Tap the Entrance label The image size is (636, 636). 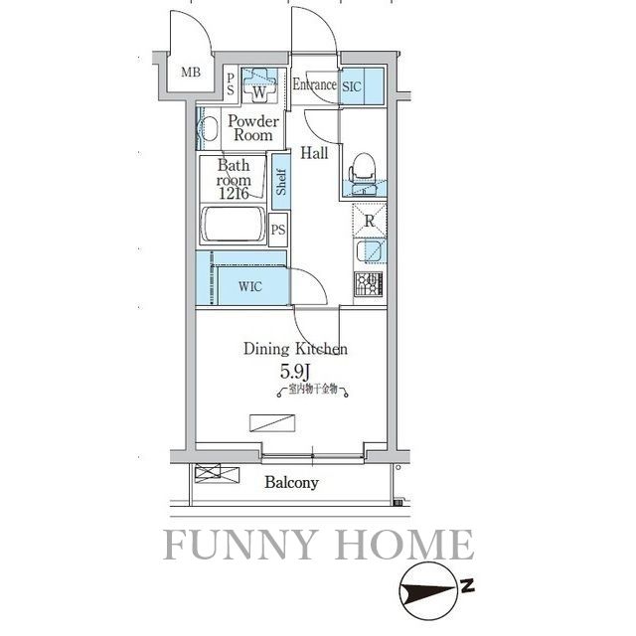[x=314, y=84]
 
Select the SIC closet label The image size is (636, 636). [x=352, y=86]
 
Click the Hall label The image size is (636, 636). [x=315, y=152]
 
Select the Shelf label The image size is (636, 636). [x=282, y=181]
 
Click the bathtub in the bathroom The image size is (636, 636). [x=234, y=227]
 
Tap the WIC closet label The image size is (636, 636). [x=250, y=287]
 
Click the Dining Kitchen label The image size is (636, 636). [x=295, y=349]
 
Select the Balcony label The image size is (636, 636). [x=291, y=483]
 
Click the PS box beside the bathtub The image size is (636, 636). [x=279, y=231]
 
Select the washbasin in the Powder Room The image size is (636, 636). [x=210, y=128]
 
